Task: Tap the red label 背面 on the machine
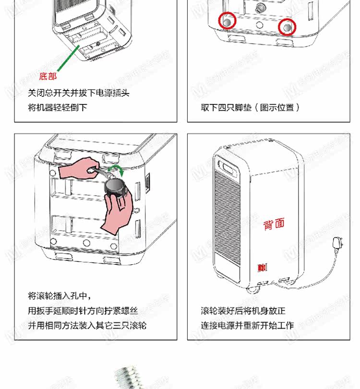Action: (x=274, y=224)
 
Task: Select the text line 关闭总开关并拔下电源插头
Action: (x=79, y=93)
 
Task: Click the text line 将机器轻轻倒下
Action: (x=58, y=107)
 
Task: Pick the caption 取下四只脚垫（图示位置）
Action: (x=250, y=107)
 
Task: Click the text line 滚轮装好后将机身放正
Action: (x=243, y=311)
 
